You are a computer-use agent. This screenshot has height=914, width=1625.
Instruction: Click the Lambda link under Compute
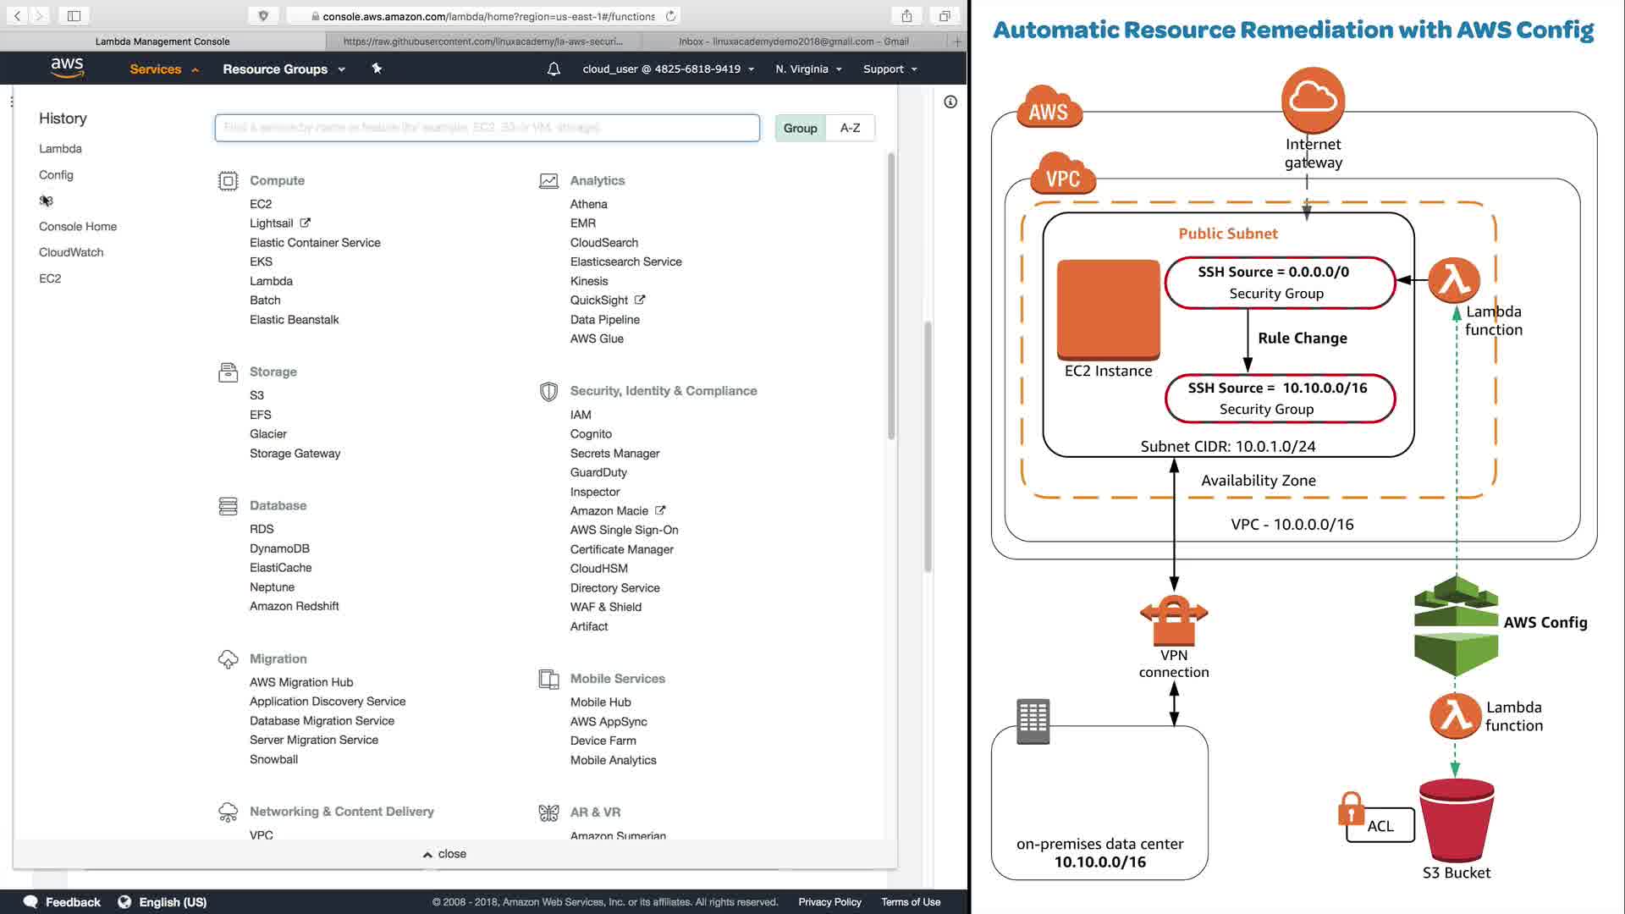(x=271, y=281)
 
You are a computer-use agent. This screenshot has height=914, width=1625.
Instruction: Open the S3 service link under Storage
(x=256, y=395)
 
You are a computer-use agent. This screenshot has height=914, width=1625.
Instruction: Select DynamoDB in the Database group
(x=279, y=548)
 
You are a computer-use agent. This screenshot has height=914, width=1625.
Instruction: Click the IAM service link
(x=581, y=415)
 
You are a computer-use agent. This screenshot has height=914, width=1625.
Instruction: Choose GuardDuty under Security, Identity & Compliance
(x=598, y=472)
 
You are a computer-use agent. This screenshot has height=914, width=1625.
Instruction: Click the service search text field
(x=487, y=128)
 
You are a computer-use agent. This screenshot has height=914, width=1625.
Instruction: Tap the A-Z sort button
(x=850, y=128)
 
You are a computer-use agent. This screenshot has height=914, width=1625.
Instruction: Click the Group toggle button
(x=800, y=128)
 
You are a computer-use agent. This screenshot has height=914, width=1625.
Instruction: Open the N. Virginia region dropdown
(x=808, y=69)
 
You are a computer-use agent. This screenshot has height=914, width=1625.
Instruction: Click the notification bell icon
(x=554, y=69)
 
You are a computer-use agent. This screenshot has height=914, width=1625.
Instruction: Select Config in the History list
(x=56, y=175)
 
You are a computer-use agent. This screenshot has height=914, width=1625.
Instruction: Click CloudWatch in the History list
(x=71, y=252)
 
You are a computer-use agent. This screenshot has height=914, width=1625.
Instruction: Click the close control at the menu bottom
(x=445, y=854)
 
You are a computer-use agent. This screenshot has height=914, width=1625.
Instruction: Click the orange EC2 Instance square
(x=1108, y=309)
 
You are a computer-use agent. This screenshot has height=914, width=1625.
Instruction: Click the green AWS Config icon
(x=1456, y=626)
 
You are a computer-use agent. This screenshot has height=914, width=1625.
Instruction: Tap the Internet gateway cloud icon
(x=1313, y=100)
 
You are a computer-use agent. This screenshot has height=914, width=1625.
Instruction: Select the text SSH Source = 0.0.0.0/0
(x=1273, y=272)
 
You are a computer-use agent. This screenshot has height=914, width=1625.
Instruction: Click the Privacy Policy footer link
(x=829, y=902)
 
